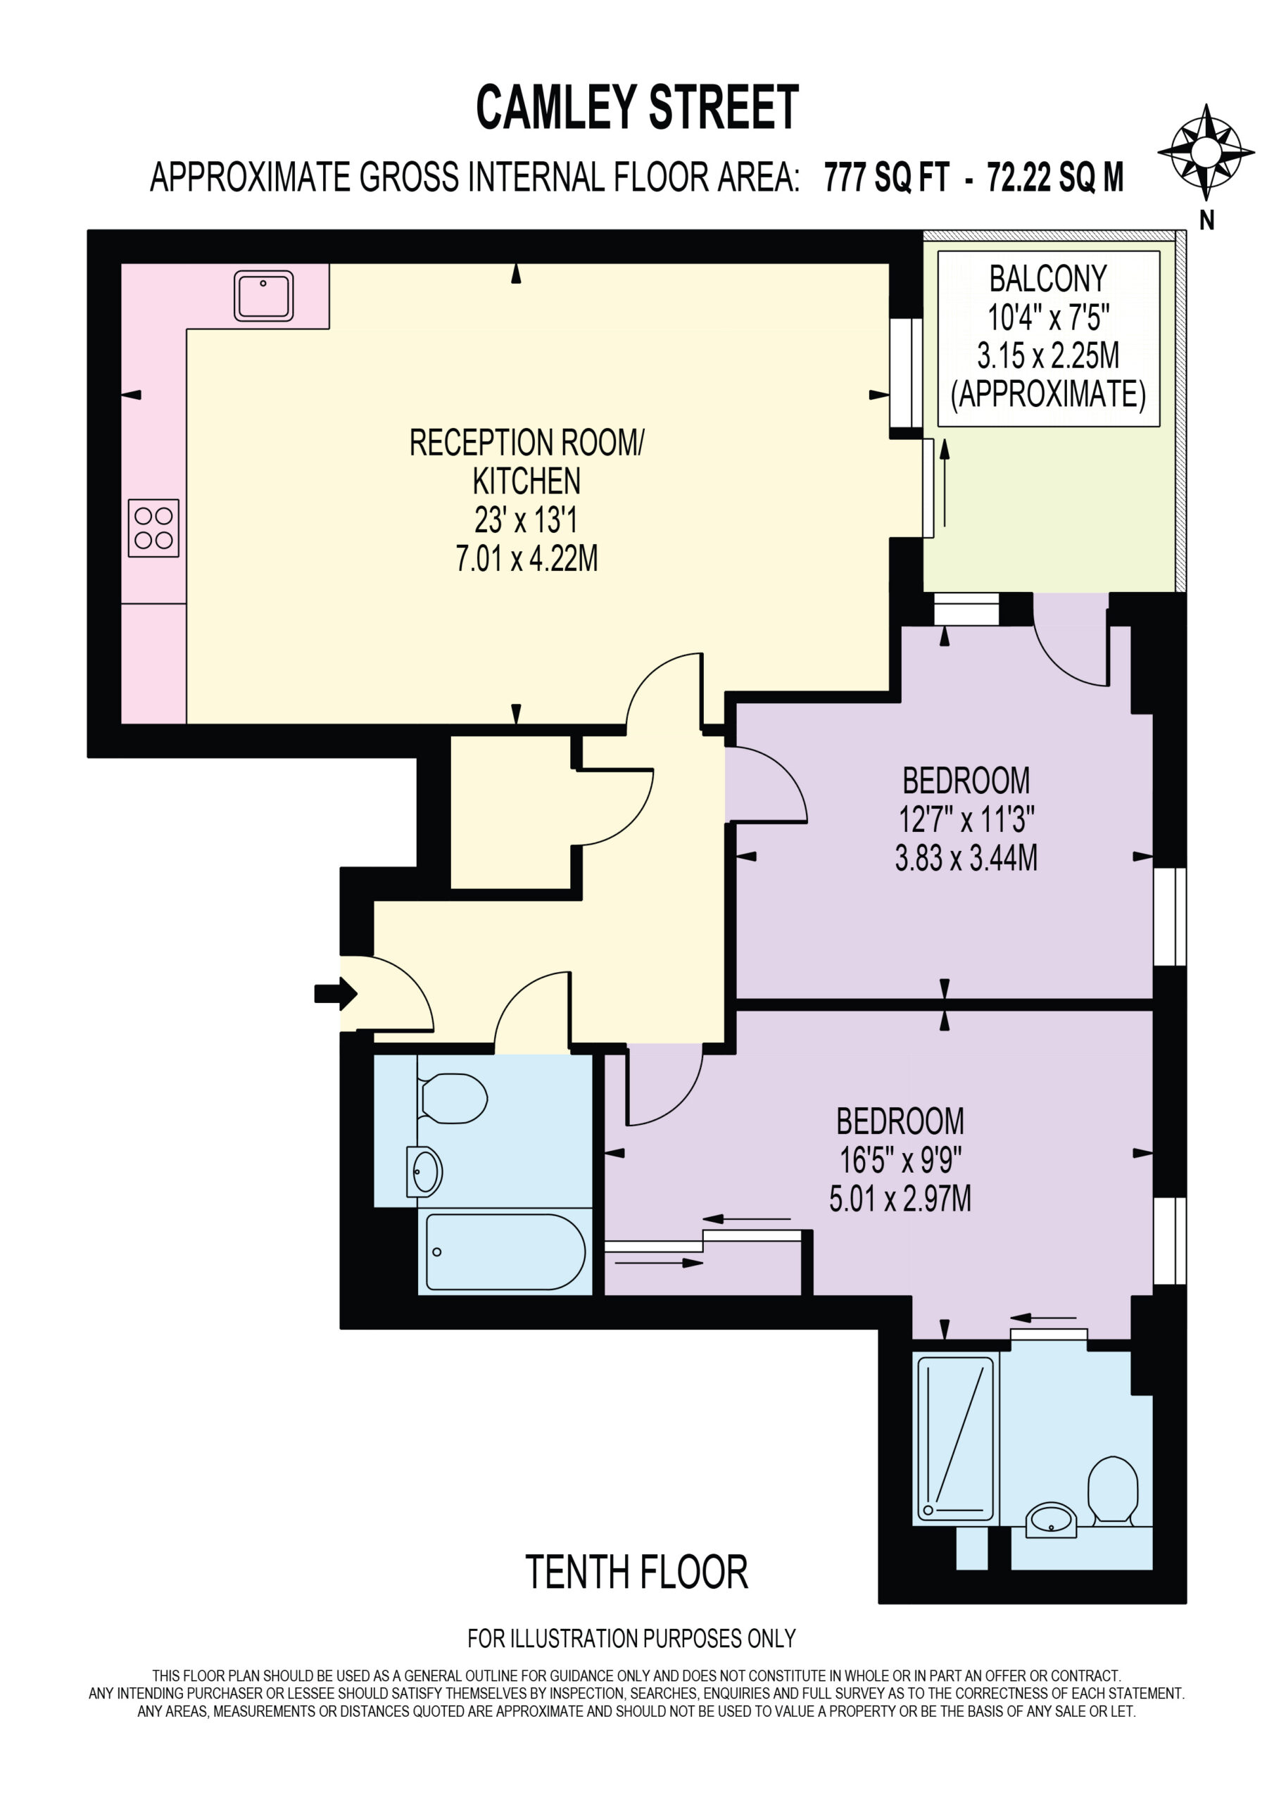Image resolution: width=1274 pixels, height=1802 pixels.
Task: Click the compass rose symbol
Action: tap(1206, 151)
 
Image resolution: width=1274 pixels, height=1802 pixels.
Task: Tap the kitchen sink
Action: tap(264, 296)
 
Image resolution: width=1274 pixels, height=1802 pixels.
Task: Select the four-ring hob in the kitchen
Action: tap(154, 528)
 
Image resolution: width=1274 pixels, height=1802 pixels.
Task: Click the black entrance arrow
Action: tap(336, 994)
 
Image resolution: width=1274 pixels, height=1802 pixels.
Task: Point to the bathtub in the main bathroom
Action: tap(505, 1252)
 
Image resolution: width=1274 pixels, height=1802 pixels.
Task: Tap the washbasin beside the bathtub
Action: tap(424, 1172)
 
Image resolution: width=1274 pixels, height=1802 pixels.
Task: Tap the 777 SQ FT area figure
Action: tap(887, 177)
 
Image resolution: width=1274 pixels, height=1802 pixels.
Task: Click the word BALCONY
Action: tap(1048, 279)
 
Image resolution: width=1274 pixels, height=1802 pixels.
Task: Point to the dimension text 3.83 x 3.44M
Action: tap(966, 858)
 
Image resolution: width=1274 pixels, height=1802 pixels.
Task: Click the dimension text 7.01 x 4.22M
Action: tap(526, 559)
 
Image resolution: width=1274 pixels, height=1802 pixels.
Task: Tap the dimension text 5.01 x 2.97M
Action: tap(900, 1199)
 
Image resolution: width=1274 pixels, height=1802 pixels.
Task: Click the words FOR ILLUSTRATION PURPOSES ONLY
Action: tap(632, 1638)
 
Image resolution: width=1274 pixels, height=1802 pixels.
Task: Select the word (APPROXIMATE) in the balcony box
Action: tap(1049, 394)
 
